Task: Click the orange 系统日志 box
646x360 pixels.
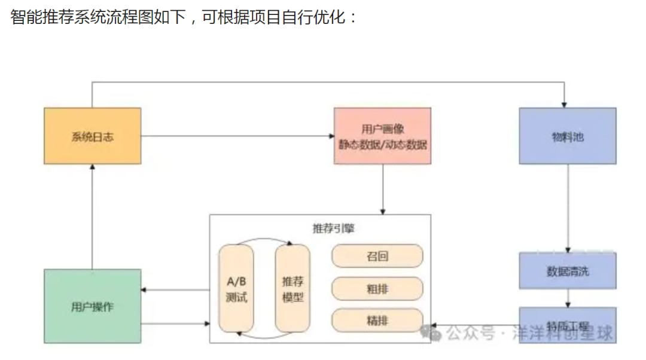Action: (x=92, y=136)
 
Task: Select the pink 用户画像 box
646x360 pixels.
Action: (x=382, y=136)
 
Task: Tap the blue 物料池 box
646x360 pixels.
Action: (x=567, y=136)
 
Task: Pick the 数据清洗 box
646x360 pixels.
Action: (x=567, y=271)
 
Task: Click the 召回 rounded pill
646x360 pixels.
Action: (x=377, y=256)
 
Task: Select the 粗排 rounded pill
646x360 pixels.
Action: (x=377, y=289)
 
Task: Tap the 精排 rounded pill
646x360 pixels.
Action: (x=377, y=320)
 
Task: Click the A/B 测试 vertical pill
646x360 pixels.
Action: (x=236, y=288)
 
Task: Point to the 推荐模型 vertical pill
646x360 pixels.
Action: (x=292, y=288)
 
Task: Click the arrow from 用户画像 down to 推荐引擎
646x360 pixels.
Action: (x=383, y=189)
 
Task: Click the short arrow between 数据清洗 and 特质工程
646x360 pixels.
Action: (x=568, y=299)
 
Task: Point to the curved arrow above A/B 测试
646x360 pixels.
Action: (x=264, y=240)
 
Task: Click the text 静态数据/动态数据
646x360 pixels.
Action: (x=383, y=144)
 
